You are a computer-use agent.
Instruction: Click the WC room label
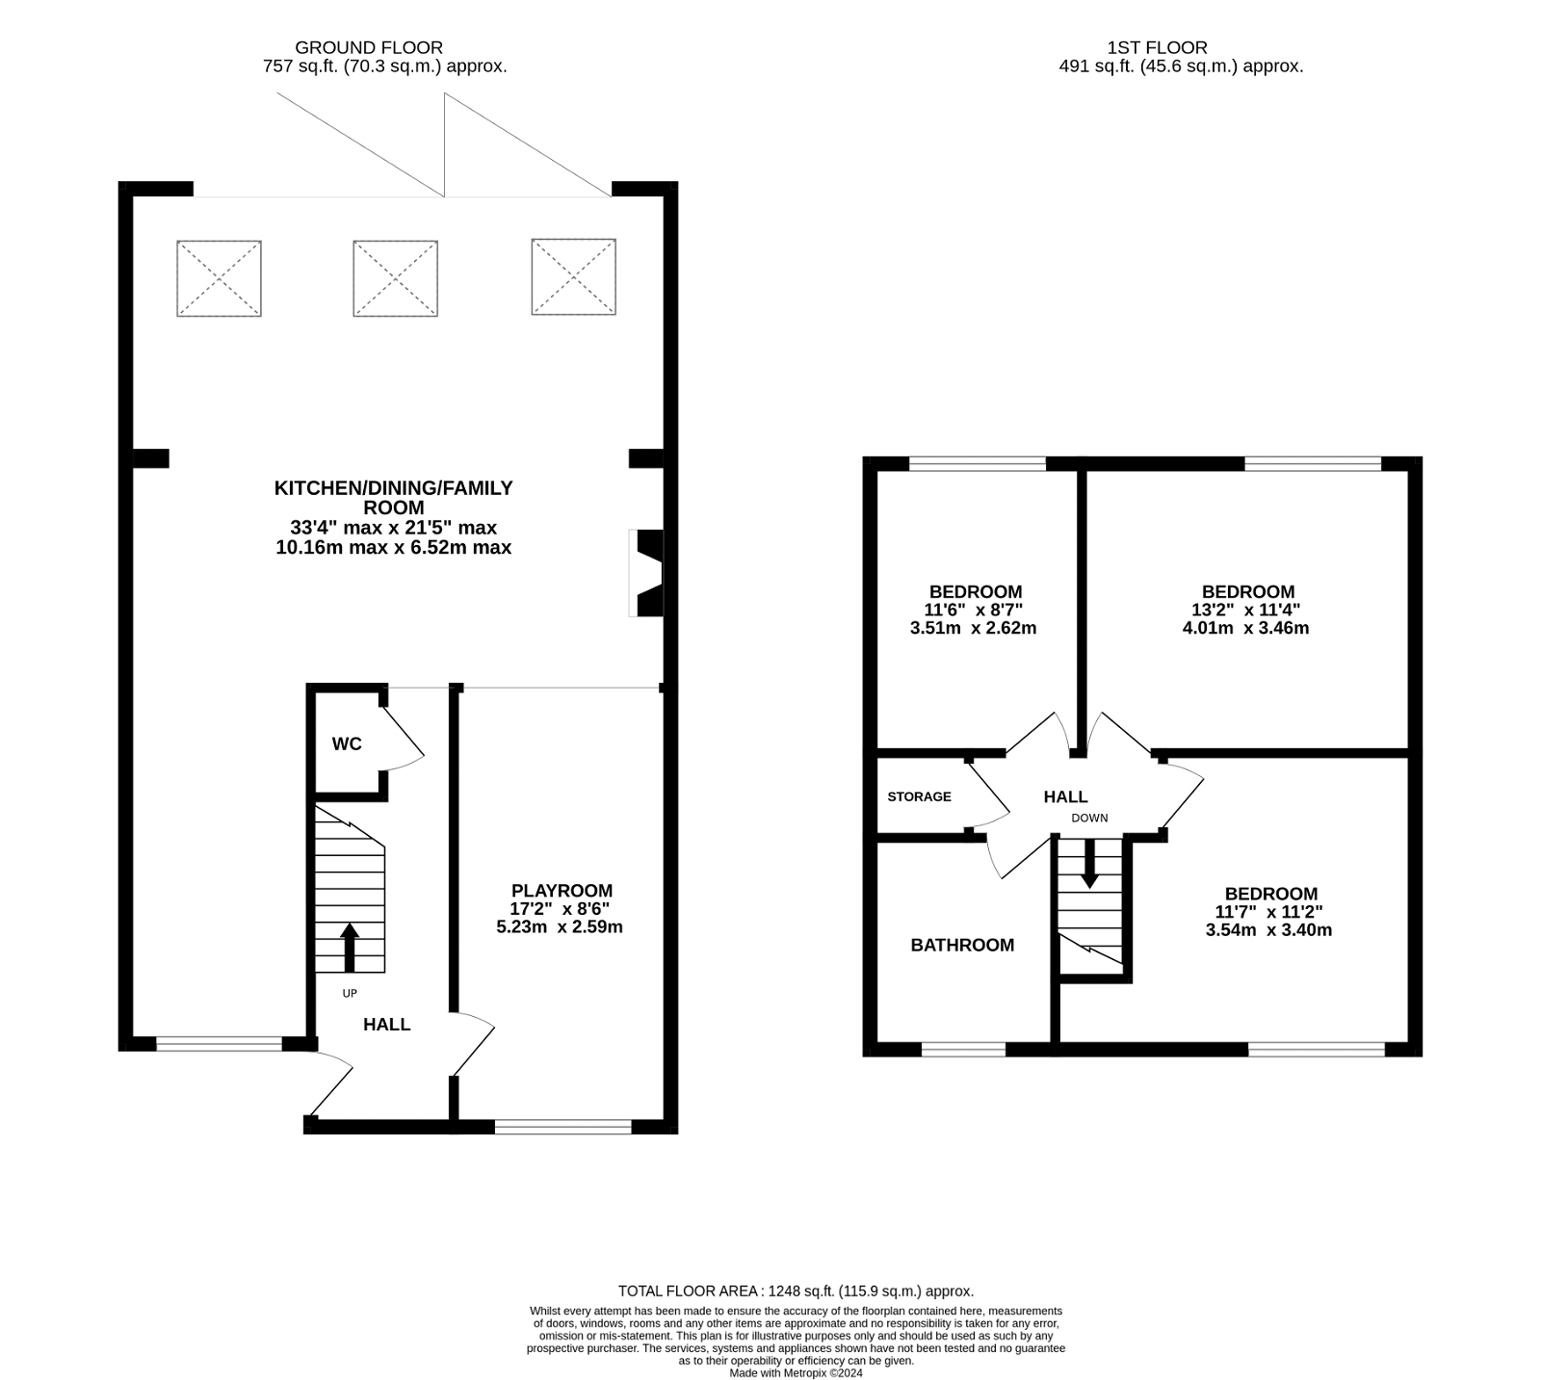(x=347, y=743)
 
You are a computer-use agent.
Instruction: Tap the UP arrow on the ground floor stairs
(x=349, y=947)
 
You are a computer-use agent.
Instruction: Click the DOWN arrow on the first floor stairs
(x=1089, y=863)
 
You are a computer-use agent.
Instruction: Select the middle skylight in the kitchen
(x=395, y=278)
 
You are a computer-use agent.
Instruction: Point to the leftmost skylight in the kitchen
(x=219, y=278)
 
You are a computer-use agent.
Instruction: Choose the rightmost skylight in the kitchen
(x=573, y=276)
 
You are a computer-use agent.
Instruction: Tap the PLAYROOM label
(x=562, y=891)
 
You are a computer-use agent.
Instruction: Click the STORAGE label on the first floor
(x=919, y=796)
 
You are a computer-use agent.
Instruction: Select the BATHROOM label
(x=962, y=945)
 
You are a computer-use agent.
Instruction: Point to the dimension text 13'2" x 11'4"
(x=1245, y=610)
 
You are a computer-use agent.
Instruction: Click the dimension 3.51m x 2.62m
(x=973, y=628)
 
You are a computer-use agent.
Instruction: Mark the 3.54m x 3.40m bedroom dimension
(x=1268, y=930)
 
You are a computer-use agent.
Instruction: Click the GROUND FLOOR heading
(x=369, y=47)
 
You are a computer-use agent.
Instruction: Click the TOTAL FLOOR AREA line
(x=796, y=1290)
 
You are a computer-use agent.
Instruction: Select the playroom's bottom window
(x=563, y=1125)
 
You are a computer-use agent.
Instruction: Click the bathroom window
(x=963, y=1049)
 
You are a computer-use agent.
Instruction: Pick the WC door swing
(x=403, y=740)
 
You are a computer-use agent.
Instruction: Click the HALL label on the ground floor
(x=386, y=1025)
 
